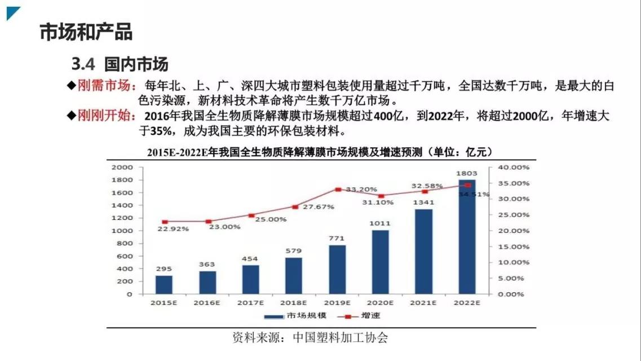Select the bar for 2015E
[164, 284]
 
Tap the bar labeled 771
[337, 269]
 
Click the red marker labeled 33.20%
[338, 190]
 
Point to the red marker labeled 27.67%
[295, 207]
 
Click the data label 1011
[381, 223]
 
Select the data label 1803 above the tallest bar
[467, 173]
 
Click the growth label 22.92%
[173, 228]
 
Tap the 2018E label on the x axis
[294, 302]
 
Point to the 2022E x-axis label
[467, 302]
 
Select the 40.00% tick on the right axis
[512, 168]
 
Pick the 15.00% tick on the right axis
[512, 246]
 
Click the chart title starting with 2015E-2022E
[320, 153]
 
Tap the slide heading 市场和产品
[86, 32]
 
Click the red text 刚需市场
[104, 86]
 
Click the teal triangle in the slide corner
[12, 12]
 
